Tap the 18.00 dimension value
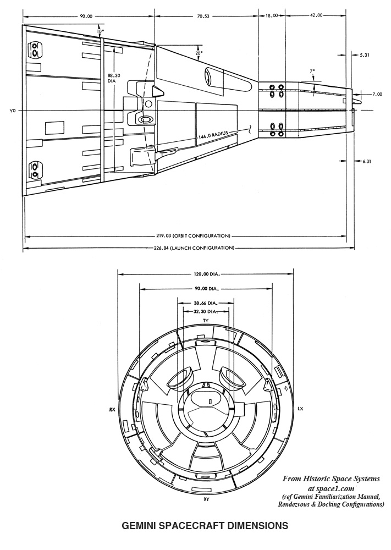tap(272, 16)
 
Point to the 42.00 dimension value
tap(316, 16)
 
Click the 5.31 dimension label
tap(366, 55)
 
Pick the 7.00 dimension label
tap(377, 94)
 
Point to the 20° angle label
tap(199, 53)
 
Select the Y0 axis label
tap(13, 111)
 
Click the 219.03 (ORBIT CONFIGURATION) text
tap(186, 236)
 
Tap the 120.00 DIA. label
tap(205, 273)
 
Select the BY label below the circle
tap(206, 499)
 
